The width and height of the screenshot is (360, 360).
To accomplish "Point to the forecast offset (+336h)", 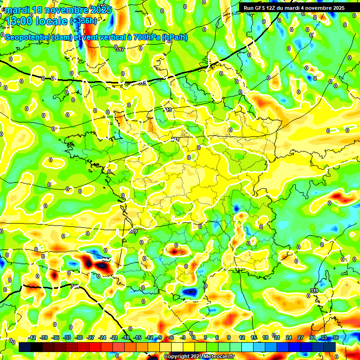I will coord(83,21).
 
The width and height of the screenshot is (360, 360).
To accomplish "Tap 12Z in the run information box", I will coord(276,8).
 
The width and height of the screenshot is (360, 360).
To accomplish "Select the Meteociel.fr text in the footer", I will coord(218,357).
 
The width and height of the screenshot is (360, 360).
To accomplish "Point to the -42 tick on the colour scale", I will coord(32,337).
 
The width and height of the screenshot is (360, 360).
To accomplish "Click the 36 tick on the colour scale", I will coord(336,337).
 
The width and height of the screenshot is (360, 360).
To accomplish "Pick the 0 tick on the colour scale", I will coord(194,337).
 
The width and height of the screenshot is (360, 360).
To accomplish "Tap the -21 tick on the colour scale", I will coord(114,337).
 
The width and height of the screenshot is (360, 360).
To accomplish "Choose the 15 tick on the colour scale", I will coord(253,337).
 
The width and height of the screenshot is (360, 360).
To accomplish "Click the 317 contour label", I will coord(120,49).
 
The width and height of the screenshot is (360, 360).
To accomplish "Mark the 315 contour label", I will coord(142,83).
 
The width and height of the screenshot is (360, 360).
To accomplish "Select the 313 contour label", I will coord(168,109).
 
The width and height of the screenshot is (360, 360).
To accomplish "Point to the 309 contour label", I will coord(133,231).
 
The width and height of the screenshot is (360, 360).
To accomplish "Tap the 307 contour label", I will coord(107,259).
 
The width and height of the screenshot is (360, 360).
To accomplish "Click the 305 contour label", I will coord(75,286).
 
